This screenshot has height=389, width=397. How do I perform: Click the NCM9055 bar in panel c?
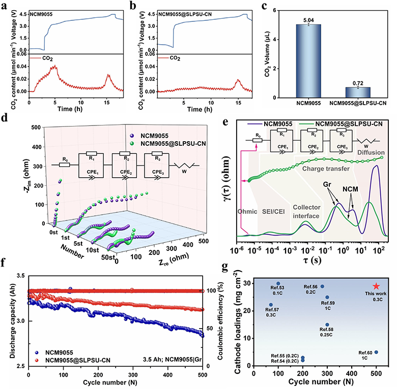click(x=308, y=61)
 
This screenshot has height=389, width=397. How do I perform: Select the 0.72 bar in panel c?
click(x=358, y=92)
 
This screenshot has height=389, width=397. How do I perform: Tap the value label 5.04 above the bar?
click(x=308, y=20)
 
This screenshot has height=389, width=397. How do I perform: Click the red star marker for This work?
click(x=376, y=286)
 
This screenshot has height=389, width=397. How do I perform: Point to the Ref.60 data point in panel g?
click(x=376, y=352)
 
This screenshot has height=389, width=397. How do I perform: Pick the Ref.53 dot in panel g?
click(x=278, y=283)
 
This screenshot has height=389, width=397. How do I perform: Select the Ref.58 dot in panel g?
click(x=327, y=325)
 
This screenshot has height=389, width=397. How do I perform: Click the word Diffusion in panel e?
click(x=371, y=152)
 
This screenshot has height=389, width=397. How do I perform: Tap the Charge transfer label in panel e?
click(x=326, y=169)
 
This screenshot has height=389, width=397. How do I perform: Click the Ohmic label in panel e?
click(x=247, y=211)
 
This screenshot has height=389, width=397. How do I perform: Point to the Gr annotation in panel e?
click(x=327, y=184)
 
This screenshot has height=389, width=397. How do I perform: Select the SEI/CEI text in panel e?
click(x=273, y=211)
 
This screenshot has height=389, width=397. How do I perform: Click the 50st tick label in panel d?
click(x=108, y=257)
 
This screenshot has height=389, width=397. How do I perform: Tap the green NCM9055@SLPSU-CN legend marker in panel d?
click(x=132, y=144)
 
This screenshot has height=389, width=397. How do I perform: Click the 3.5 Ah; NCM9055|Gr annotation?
click(x=173, y=359)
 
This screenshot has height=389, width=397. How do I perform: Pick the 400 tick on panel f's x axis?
click(x=167, y=375)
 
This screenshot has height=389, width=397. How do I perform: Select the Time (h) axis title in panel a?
click(x=70, y=109)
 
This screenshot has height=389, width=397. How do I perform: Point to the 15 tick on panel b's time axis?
click(x=238, y=103)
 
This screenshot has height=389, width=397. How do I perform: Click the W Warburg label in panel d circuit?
click(x=184, y=172)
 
